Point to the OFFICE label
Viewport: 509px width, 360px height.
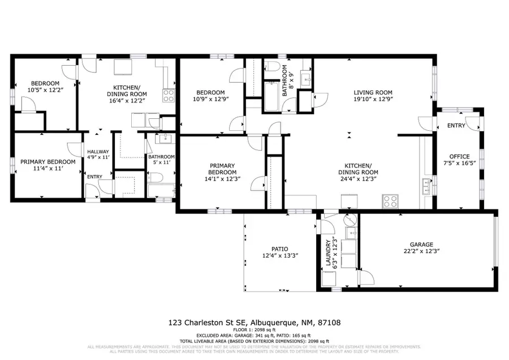(459, 157)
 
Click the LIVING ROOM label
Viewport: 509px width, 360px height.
(373, 92)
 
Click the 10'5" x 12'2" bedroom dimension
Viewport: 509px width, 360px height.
(41, 89)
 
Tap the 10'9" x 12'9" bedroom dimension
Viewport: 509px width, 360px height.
(210, 100)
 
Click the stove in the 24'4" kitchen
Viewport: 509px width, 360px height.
(390, 200)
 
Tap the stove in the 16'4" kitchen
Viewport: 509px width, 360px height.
(169, 96)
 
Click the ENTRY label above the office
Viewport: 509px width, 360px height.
(456, 126)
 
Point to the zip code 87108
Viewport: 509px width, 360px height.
(330, 323)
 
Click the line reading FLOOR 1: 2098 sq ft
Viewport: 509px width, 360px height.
(254, 329)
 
